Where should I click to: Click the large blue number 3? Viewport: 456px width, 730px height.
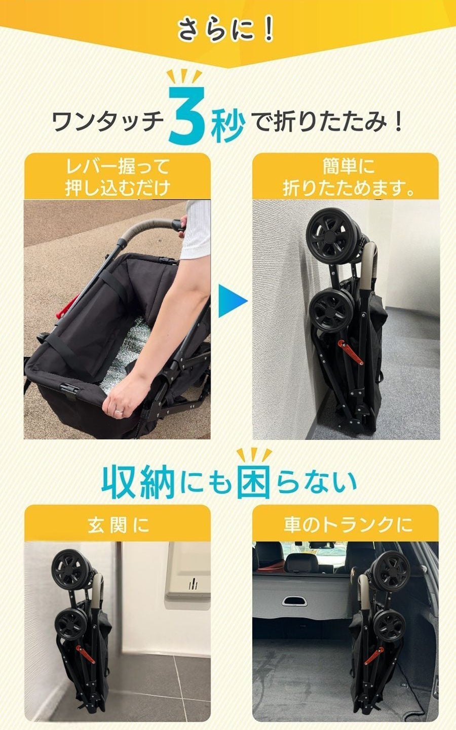tap(188, 115)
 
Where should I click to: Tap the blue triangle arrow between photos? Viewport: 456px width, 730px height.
tap(232, 301)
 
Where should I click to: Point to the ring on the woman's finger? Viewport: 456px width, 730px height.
tap(119, 412)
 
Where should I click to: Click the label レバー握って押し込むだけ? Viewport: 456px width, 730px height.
tap(117, 177)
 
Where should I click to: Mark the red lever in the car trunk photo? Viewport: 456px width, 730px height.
tap(373, 656)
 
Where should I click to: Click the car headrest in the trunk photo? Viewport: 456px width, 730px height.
tap(300, 562)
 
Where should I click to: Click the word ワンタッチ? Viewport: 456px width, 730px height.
tap(108, 122)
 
